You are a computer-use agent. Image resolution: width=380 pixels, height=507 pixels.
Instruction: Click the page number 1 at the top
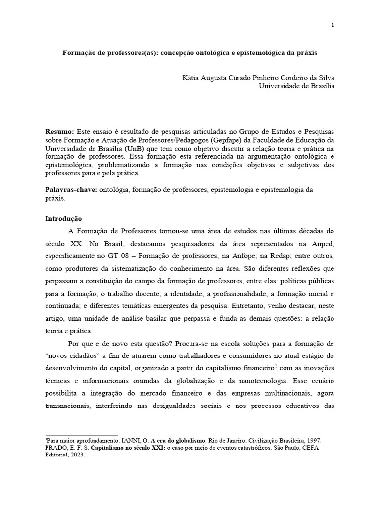click(x=333, y=25)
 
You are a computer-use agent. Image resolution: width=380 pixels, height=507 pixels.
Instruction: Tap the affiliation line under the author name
click(x=297, y=86)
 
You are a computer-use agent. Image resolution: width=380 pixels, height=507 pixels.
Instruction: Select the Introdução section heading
click(x=63, y=218)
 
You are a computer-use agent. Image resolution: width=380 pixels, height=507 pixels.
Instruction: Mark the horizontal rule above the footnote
click(x=81, y=435)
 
